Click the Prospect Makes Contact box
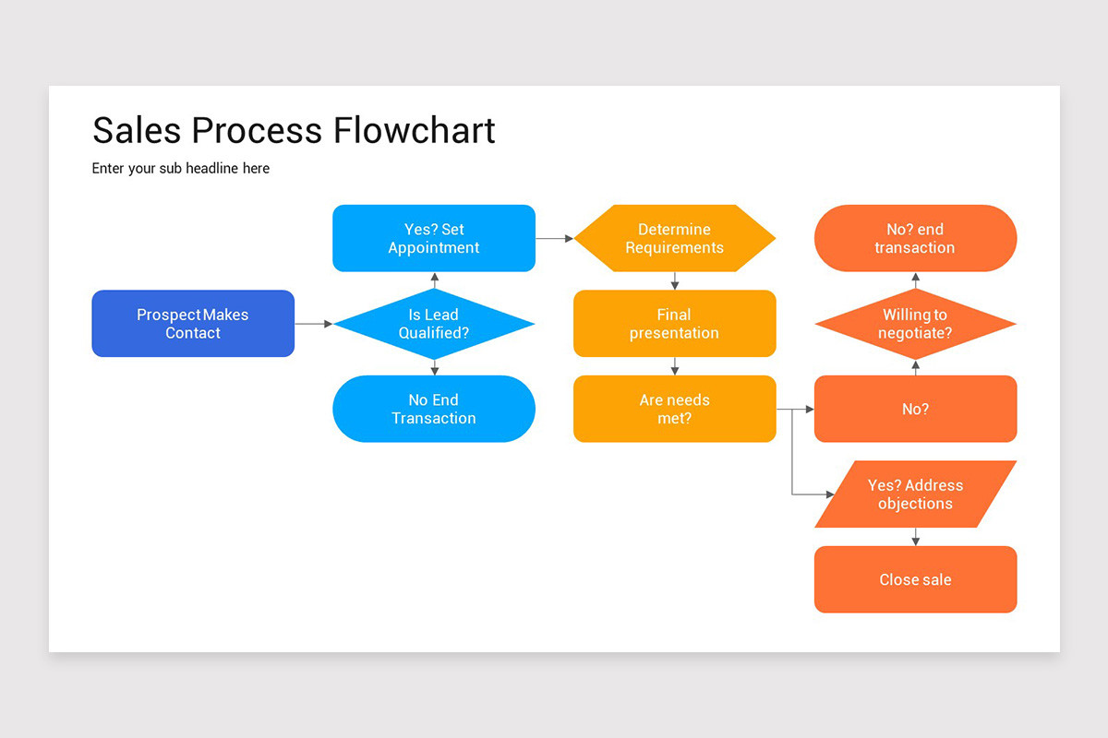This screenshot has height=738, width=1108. point(193,324)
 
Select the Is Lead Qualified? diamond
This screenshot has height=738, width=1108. point(434,324)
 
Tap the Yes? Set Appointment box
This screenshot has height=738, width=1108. point(434,238)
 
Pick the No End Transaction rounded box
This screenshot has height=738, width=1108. point(434,409)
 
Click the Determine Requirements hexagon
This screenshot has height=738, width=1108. point(674,238)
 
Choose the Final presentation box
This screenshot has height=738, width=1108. point(674,324)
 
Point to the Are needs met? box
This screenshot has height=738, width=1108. point(674,409)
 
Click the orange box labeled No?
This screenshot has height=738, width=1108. point(915,409)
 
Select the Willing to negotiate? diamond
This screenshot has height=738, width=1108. point(915,324)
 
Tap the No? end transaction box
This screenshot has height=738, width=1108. point(915,238)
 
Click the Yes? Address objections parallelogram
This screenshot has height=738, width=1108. point(915,494)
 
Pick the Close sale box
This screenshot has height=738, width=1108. point(915,579)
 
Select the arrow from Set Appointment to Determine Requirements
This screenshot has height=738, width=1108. point(554,238)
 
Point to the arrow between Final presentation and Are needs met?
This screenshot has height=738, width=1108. point(674,366)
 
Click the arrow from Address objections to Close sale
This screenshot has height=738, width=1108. point(915,537)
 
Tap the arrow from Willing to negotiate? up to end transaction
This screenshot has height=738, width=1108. point(915,280)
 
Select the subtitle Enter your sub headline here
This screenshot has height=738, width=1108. point(181,168)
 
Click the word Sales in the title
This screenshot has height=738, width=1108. point(138,130)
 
